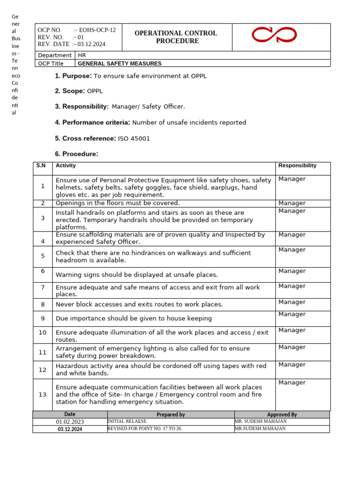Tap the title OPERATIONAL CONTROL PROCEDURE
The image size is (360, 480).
(176, 37)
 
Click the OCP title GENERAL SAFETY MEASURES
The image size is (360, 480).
(120, 63)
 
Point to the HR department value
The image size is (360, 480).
(82, 55)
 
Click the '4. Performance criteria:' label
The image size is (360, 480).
(92, 123)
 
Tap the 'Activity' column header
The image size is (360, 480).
(66, 165)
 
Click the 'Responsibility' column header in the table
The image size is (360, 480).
(297, 165)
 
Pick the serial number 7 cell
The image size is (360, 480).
(43, 287)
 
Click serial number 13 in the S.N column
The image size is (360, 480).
(43, 394)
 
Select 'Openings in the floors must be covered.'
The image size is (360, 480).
(118, 203)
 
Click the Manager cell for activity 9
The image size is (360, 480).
(292, 314)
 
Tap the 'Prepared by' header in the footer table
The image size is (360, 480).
(171, 414)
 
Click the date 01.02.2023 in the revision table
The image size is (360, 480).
(69, 421)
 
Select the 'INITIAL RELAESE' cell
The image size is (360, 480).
(127, 421)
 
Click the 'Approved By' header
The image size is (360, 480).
(282, 414)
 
